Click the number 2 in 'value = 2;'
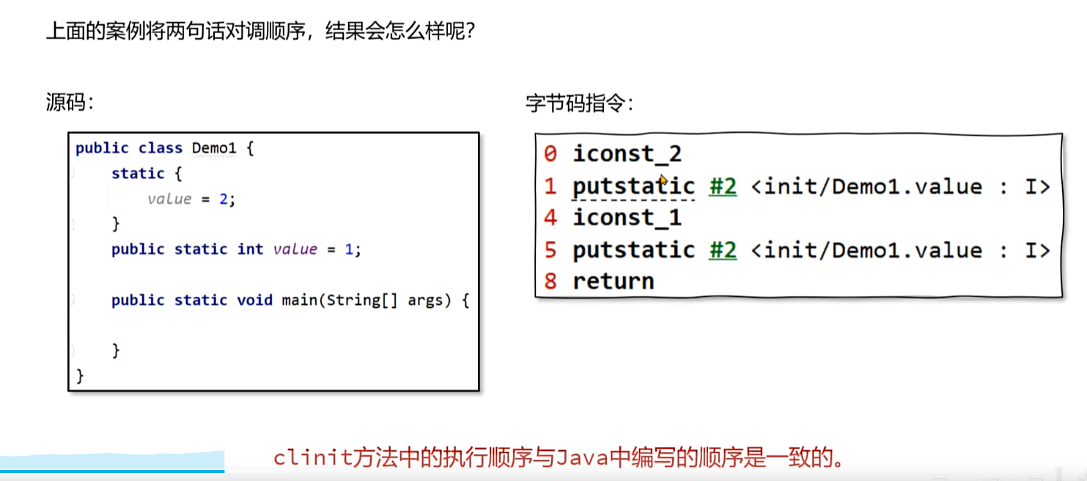pyautogui.click(x=224, y=199)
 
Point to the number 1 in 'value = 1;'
pyautogui.click(x=350, y=249)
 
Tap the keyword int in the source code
pyautogui.click(x=250, y=249)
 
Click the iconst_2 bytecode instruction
pyautogui.click(x=627, y=154)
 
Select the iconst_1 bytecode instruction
pyautogui.click(x=627, y=218)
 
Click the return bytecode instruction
pyautogui.click(x=613, y=281)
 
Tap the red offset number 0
pyautogui.click(x=550, y=154)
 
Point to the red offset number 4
pyautogui.click(x=550, y=218)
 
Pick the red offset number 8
pyautogui.click(x=550, y=281)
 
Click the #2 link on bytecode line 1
pyautogui.click(x=722, y=186)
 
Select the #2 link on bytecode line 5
pyautogui.click(x=722, y=250)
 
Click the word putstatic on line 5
pyautogui.click(x=633, y=250)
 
